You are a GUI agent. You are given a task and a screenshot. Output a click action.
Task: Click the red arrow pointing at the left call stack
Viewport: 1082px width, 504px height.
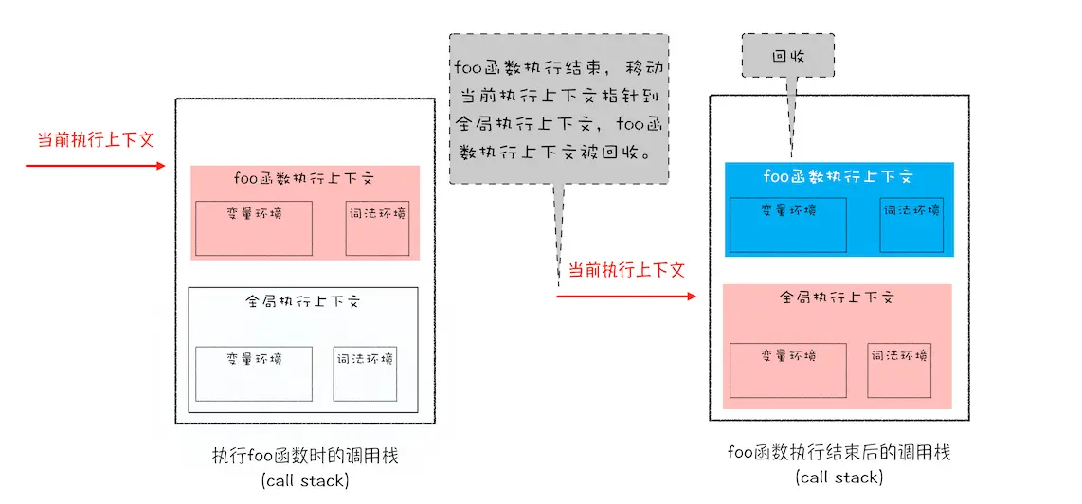pos(95,166)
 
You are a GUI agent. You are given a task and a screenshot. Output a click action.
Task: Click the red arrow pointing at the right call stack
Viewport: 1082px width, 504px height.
pos(625,297)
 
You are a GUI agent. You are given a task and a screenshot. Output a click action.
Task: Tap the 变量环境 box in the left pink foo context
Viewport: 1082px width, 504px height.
pos(254,228)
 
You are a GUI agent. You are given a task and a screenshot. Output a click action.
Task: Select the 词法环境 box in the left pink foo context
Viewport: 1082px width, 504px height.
pos(377,228)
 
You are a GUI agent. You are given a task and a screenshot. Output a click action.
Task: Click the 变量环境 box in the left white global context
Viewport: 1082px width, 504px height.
pos(254,373)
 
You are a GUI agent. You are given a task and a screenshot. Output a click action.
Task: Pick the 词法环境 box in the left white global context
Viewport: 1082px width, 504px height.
pos(365,373)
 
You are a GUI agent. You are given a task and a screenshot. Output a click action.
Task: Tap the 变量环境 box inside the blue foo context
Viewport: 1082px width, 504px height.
pos(787,225)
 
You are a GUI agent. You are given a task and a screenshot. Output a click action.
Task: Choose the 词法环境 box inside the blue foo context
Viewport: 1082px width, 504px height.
pos(911,225)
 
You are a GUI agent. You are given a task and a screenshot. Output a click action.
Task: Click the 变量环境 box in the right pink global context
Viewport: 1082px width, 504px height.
pos(787,369)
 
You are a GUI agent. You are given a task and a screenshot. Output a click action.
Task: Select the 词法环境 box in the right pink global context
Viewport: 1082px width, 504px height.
pos(899,369)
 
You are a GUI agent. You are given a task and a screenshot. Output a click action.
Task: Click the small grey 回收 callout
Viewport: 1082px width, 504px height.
pos(788,56)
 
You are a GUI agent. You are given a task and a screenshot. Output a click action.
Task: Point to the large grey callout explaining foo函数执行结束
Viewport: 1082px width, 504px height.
pos(559,109)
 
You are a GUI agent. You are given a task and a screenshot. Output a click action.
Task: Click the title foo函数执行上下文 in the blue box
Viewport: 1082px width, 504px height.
pos(839,176)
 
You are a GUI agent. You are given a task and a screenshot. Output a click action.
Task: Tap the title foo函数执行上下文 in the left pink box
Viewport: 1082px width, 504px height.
pos(305,179)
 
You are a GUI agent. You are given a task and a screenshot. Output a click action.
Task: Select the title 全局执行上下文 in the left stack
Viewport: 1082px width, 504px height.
pos(303,301)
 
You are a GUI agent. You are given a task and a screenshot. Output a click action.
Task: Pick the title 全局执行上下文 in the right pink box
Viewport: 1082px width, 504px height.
pos(838,297)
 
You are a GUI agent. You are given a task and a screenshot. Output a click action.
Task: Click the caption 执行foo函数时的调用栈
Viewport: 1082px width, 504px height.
pos(305,457)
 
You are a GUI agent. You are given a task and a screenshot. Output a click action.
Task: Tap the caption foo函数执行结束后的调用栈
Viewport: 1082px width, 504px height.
pos(839,453)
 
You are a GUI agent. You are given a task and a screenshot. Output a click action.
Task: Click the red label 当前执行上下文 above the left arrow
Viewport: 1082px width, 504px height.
pos(95,139)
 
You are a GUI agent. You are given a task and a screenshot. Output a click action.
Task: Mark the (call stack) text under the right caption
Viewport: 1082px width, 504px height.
pos(839,477)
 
